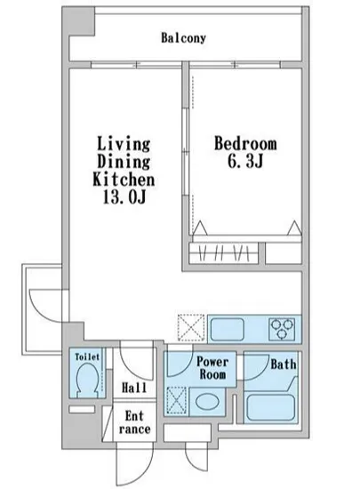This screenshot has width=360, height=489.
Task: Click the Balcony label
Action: (184, 38)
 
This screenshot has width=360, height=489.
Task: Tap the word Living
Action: (124, 144)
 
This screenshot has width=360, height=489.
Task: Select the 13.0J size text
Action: (124, 197)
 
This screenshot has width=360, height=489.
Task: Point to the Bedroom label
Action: (245, 144)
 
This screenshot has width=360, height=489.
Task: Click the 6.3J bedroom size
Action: (245, 161)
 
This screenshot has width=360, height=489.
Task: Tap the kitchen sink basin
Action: (228, 330)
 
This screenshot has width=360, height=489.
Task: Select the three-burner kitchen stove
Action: (282, 329)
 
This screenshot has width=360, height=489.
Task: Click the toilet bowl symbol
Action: (88, 380)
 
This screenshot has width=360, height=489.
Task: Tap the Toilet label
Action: (87, 357)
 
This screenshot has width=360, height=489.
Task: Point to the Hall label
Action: (134, 388)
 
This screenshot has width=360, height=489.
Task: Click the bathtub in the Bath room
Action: (270, 408)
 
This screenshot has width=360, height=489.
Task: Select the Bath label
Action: (284, 365)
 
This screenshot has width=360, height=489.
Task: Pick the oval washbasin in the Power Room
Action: (207, 402)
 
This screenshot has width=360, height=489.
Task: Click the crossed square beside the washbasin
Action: (177, 401)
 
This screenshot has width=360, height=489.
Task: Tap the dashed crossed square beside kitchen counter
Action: (191, 327)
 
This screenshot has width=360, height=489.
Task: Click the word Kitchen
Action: (124, 180)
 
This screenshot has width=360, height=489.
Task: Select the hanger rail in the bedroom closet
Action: (224, 253)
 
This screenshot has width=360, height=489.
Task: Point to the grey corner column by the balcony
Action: (78, 21)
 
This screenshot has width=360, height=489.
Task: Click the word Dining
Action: (124, 162)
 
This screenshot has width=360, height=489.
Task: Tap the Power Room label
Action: (212, 368)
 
